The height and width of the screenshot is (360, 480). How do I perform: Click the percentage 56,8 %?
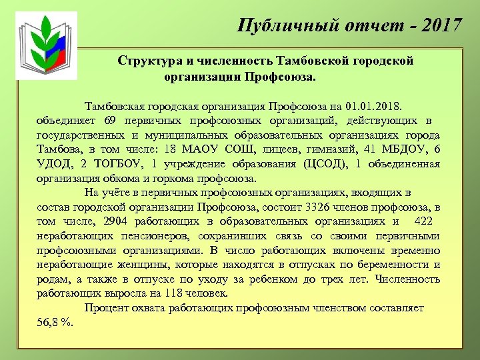(55, 323)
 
